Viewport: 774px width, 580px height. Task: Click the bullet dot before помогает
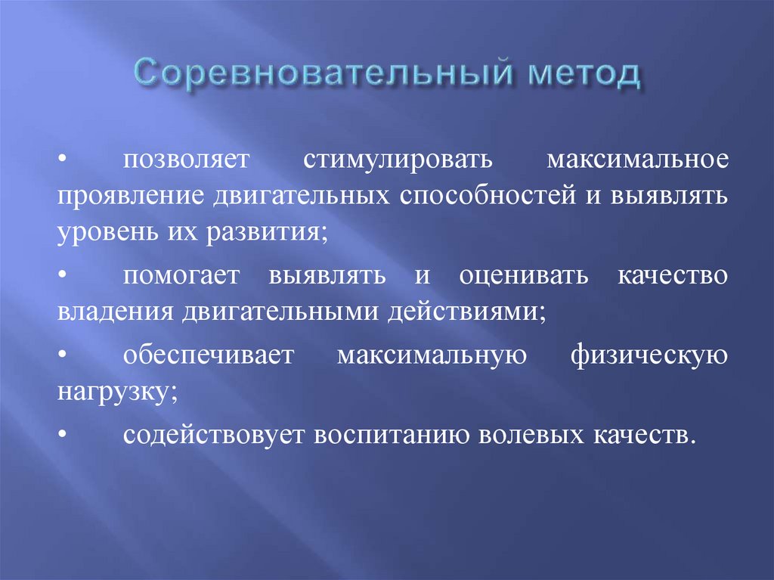tap(63, 276)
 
